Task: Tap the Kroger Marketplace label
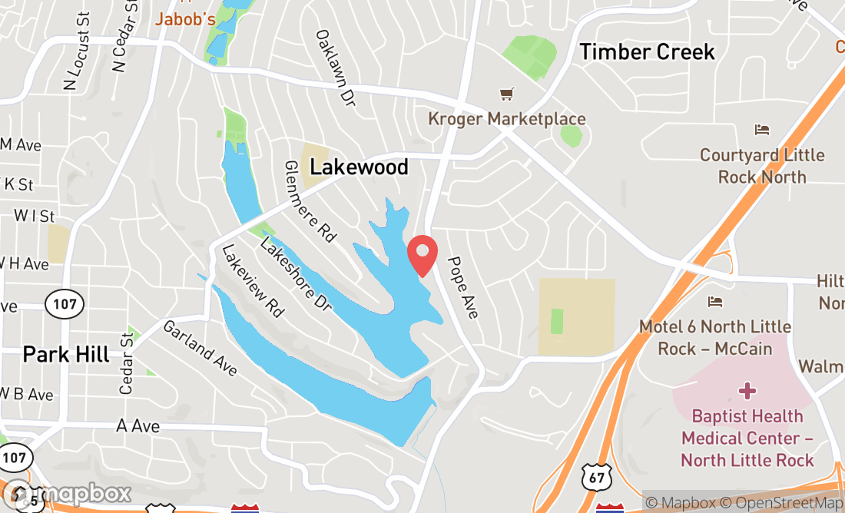point(507,119)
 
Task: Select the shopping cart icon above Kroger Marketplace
point(506,94)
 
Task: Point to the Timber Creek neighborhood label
point(647,51)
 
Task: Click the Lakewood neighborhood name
point(359,167)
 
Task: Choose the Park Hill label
point(66,354)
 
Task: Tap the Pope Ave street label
point(464,287)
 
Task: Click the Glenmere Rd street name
point(310,203)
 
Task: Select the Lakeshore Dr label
point(295,274)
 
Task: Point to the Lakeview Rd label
point(253,281)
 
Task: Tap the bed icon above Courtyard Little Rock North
point(761,129)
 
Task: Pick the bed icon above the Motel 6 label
point(715,301)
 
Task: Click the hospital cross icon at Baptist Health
point(747,392)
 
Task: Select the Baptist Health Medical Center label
point(747,438)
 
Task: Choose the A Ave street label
point(138,425)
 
